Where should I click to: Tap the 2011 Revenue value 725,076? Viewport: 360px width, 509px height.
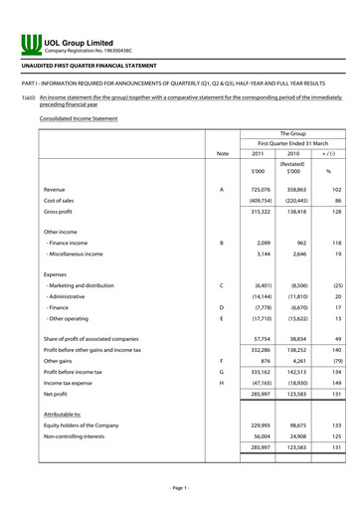pyautogui.click(x=258, y=188)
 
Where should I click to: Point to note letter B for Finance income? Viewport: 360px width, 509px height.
pyautogui.click(x=221, y=243)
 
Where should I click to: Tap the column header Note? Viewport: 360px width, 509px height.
pyautogui.click(x=222, y=153)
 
